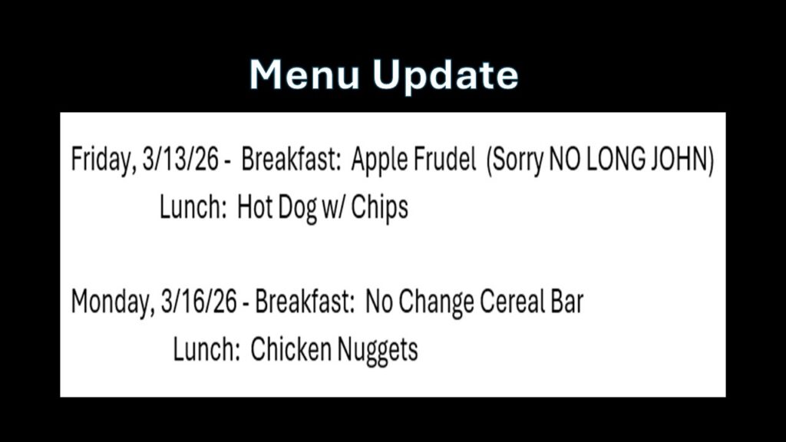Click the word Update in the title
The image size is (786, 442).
tap(446, 76)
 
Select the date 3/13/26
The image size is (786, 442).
tap(180, 160)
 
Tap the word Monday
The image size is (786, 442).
tap(112, 302)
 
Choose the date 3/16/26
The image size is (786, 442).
tap(199, 301)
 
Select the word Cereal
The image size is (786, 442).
tap(512, 301)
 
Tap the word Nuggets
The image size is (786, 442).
tap(377, 350)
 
